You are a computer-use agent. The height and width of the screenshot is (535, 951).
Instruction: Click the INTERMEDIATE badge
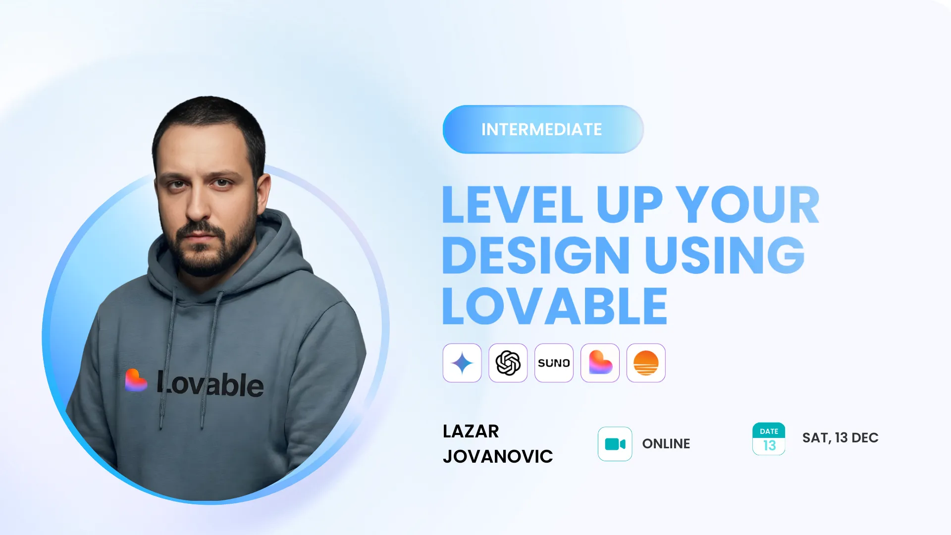click(543, 129)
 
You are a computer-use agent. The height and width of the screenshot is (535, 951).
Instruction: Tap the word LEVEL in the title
click(513, 205)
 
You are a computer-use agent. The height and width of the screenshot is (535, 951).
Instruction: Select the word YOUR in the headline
click(747, 205)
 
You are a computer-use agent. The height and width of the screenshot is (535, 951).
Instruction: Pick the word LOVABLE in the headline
click(555, 306)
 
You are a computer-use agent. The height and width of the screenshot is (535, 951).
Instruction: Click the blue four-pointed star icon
click(462, 363)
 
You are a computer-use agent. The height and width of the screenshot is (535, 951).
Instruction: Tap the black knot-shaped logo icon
click(508, 363)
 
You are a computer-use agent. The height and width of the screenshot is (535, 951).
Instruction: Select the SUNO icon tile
click(554, 363)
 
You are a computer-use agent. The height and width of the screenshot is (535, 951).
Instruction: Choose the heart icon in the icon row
click(600, 363)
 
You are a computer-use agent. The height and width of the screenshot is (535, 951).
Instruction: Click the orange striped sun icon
click(646, 363)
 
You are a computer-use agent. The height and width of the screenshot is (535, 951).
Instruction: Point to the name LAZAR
click(471, 431)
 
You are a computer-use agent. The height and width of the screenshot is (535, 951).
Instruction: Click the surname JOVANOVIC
click(498, 457)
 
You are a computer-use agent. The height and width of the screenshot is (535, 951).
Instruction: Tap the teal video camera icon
click(615, 444)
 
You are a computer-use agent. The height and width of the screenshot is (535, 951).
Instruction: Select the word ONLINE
click(666, 444)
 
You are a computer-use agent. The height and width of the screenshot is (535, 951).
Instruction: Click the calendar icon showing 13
click(769, 439)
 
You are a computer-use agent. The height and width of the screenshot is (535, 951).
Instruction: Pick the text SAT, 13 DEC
click(841, 438)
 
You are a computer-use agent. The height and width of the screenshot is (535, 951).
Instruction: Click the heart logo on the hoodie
click(135, 380)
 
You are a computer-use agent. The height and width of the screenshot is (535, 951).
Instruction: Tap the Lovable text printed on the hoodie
click(210, 384)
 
